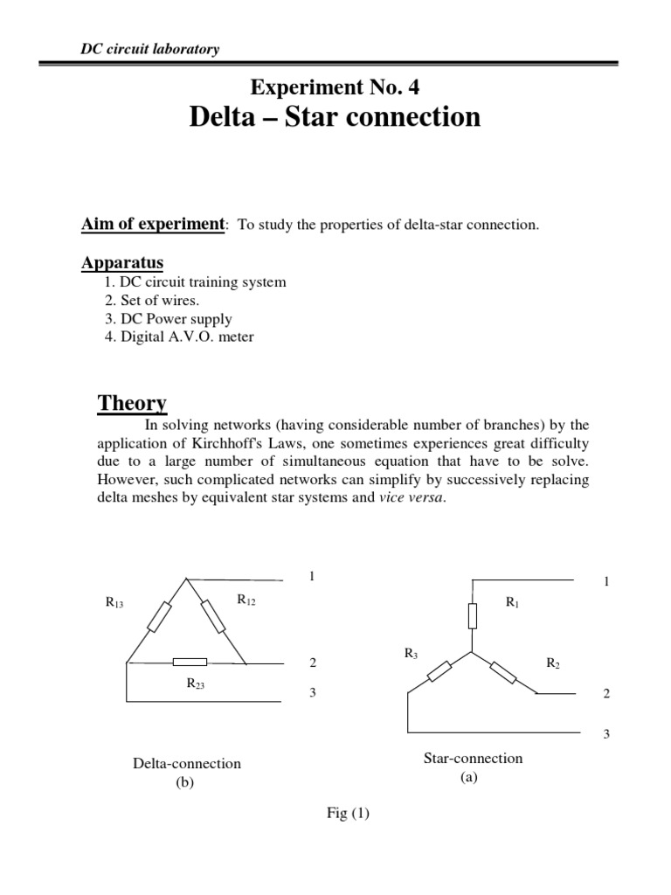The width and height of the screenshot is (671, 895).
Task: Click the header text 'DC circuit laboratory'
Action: (x=144, y=49)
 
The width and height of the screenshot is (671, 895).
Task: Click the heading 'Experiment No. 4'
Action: (x=335, y=86)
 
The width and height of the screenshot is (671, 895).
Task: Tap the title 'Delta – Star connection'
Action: (x=335, y=117)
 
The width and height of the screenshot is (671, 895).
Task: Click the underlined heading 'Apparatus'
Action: (x=122, y=263)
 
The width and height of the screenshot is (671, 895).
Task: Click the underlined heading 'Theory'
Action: (x=132, y=404)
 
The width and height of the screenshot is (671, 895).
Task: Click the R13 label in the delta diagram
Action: (x=115, y=602)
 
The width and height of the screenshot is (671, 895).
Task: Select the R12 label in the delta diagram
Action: (x=246, y=600)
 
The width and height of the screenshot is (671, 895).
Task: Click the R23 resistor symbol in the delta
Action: (x=190, y=663)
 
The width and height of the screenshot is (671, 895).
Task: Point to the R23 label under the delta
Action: (x=195, y=684)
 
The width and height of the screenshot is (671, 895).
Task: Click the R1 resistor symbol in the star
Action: (x=473, y=616)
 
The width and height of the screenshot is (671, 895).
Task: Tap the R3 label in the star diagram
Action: (x=411, y=653)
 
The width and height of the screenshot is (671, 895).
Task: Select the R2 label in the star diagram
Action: (x=553, y=663)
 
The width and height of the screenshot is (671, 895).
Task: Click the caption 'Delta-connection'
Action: (x=186, y=764)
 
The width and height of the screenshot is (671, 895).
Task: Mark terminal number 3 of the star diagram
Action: (x=605, y=734)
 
